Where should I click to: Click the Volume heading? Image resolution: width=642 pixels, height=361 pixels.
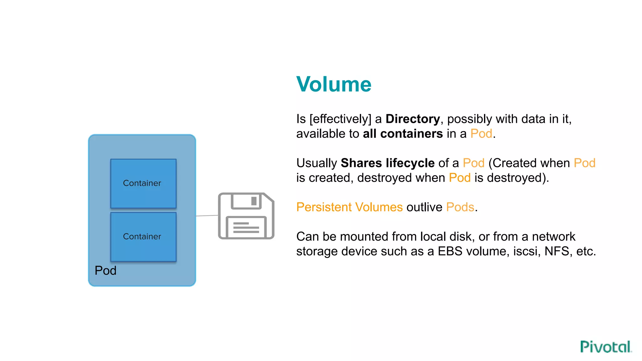(x=334, y=84)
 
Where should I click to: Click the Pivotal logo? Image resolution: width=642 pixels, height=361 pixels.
(x=605, y=347)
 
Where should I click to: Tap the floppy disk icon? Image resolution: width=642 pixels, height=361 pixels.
(x=246, y=216)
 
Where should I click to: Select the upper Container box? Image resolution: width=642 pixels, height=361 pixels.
(x=143, y=183)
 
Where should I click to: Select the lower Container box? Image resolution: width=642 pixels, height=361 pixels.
(x=143, y=237)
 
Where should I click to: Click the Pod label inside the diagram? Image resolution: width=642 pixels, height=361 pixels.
(x=105, y=270)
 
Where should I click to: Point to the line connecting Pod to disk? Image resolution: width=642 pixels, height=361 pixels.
(x=207, y=216)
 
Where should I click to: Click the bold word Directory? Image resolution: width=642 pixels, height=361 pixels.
(x=413, y=119)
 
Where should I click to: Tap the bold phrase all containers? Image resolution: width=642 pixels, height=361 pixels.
(x=403, y=134)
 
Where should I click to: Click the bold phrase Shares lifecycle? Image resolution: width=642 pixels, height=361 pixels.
(x=387, y=163)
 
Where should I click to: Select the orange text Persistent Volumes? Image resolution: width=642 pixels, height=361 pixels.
(x=349, y=207)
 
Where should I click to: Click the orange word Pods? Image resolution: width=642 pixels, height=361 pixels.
(x=460, y=207)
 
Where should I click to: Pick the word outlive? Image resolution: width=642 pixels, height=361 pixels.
(x=424, y=207)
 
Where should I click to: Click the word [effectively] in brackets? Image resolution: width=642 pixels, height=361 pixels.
(x=340, y=119)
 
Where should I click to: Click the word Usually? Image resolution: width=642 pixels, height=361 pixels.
(x=316, y=163)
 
